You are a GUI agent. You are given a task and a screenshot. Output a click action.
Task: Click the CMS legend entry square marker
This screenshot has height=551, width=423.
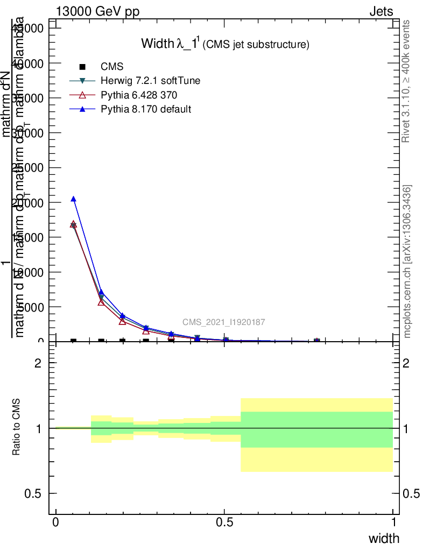82,67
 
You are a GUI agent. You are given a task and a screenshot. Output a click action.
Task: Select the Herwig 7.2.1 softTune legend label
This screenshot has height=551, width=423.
151,81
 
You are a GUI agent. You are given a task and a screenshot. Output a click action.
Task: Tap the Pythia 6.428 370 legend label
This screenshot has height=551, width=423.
139,95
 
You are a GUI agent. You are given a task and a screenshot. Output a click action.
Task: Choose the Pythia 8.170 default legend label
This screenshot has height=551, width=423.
146,109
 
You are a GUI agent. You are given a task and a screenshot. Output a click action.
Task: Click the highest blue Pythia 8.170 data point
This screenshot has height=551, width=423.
73,199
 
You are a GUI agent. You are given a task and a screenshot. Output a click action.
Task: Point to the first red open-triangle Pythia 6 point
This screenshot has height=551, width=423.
73,224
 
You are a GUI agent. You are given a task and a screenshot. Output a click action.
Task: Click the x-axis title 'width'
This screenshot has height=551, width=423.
384,538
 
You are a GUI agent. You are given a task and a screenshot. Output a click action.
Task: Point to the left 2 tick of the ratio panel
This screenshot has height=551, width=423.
38,363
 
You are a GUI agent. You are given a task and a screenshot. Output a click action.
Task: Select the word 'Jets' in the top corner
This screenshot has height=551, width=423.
381,12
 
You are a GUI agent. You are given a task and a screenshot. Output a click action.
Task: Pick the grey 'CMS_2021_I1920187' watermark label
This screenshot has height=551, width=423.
223,322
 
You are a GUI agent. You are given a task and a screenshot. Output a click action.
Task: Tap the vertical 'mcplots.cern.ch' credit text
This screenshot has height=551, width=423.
407,262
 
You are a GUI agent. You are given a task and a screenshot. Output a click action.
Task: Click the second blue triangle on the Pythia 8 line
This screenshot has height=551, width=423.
101,292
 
